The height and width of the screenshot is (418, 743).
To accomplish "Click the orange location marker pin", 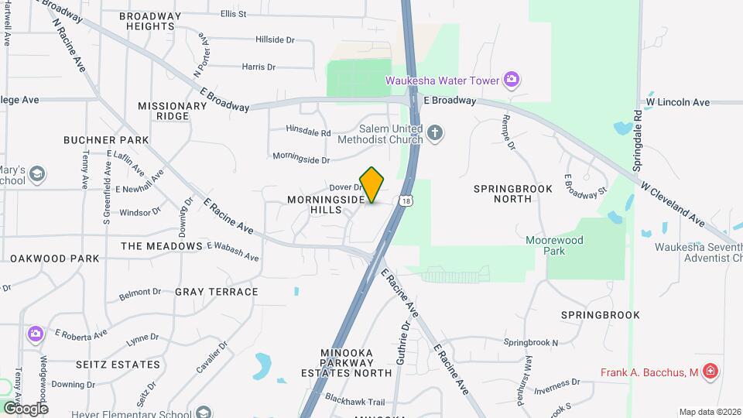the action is coord(372,184).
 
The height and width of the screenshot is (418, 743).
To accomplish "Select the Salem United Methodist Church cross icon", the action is coord(435,133).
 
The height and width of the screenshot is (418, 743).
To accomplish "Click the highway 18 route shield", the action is coord(407,201).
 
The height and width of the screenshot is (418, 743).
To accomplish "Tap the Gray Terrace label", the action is coord(217,292).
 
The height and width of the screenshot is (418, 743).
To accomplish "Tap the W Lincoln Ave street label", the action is coord(678,102).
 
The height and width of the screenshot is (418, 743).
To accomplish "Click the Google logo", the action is coord(25,408).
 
